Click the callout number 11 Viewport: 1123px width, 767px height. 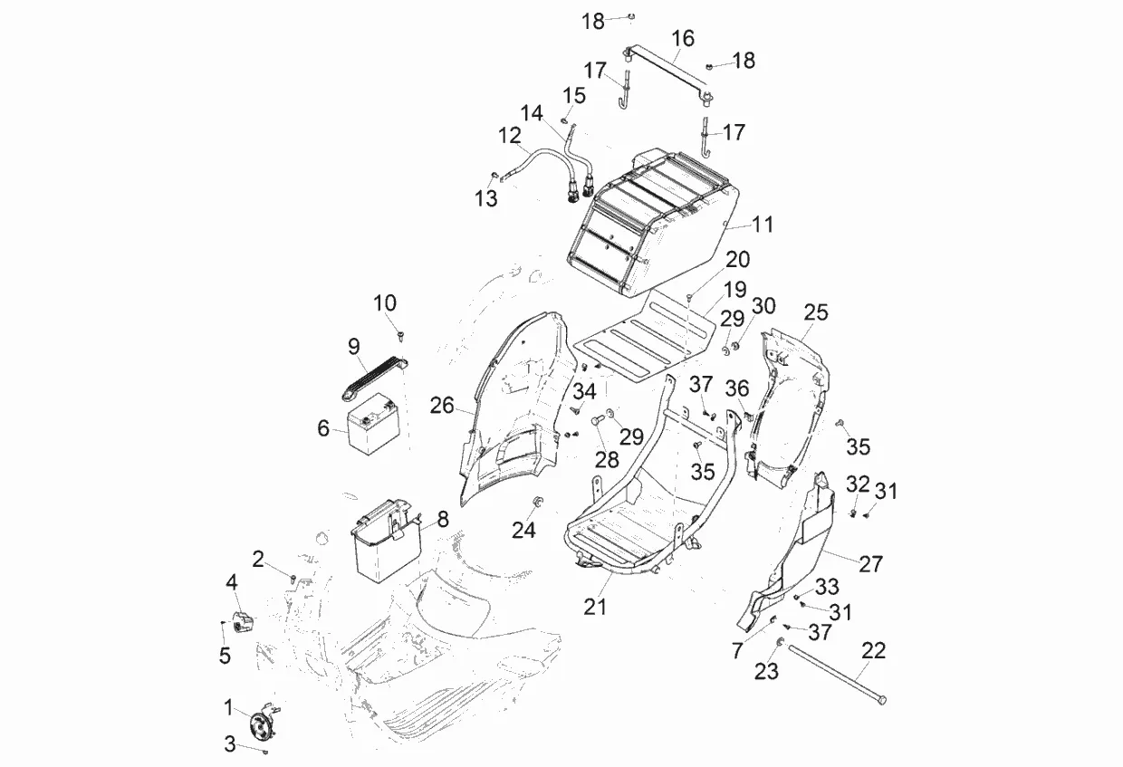pyautogui.click(x=763, y=224)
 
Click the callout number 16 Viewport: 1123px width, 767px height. pyautogui.click(x=683, y=38)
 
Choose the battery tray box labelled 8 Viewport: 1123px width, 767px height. pyautogui.click(x=384, y=543)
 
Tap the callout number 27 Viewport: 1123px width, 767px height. pyautogui.click(x=870, y=563)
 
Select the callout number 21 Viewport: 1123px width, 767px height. pyautogui.click(x=595, y=607)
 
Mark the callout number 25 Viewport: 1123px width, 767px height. pyautogui.click(x=815, y=312)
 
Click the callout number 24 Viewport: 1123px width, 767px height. pyautogui.click(x=523, y=530)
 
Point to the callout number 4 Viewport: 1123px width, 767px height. pyautogui.click(x=232, y=580)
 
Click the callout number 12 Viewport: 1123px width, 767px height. pyautogui.click(x=510, y=136)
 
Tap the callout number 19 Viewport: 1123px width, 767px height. pyautogui.click(x=734, y=290)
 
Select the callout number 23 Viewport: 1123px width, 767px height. pyautogui.click(x=766, y=672)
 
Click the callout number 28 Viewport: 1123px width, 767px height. pyautogui.click(x=607, y=458)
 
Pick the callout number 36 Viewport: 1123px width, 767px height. pyautogui.click(x=738, y=388)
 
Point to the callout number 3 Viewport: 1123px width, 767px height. pyautogui.click(x=230, y=744)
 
